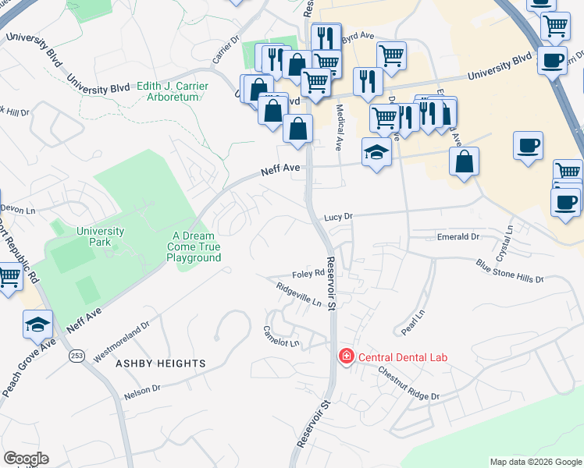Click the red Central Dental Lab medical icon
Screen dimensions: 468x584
click(x=344, y=356)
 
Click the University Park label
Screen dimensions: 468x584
click(x=100, y=236)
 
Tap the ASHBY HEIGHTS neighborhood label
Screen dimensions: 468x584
click(x=161, y=363)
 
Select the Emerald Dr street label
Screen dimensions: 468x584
click(x=458, y=236)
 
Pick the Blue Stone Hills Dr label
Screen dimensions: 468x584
click(x=509, y=273)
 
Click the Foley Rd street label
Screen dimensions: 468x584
click(x=308, y=274)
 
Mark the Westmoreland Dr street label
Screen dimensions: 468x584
click(x=121, y=344)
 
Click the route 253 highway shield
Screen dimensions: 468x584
click(x=76, y=356)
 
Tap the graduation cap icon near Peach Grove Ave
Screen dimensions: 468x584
click(x=38, y=324)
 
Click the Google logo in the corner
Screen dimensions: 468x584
click(x=26, y=459)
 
